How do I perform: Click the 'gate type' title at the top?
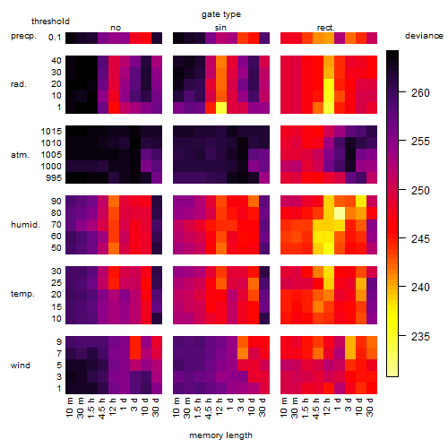(221, 14)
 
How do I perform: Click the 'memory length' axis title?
(220, 435)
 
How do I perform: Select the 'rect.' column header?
(326, 28)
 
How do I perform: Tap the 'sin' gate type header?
(220, 28)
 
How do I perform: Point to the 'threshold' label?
(50, 22)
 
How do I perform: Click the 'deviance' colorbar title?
(424, 36)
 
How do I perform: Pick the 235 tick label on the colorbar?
(420, 337)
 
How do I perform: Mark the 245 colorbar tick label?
(420, 239)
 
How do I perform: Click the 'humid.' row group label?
(25, 225)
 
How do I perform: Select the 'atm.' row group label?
(20, 155)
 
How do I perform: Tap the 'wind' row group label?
(21, 366)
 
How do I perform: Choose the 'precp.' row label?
(23, 36)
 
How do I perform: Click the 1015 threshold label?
(51, 132)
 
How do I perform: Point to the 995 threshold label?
(54, 178)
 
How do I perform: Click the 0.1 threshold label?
(55, 38)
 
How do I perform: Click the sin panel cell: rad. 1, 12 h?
(221, 108)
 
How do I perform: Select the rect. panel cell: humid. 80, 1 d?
(340, 213)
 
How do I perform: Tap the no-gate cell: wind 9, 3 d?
(135, 342)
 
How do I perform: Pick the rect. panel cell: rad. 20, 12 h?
(329, 84)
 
